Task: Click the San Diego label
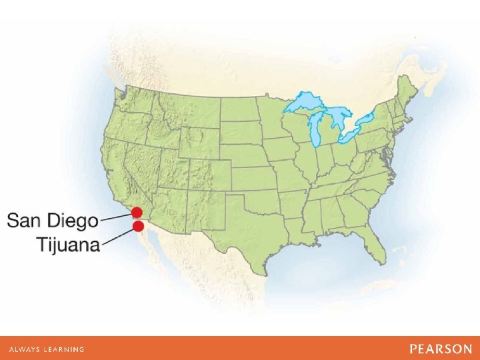(53, 220)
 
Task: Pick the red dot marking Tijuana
(138, 226)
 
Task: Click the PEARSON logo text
(441, 349)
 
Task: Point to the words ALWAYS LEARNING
(46, 349)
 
